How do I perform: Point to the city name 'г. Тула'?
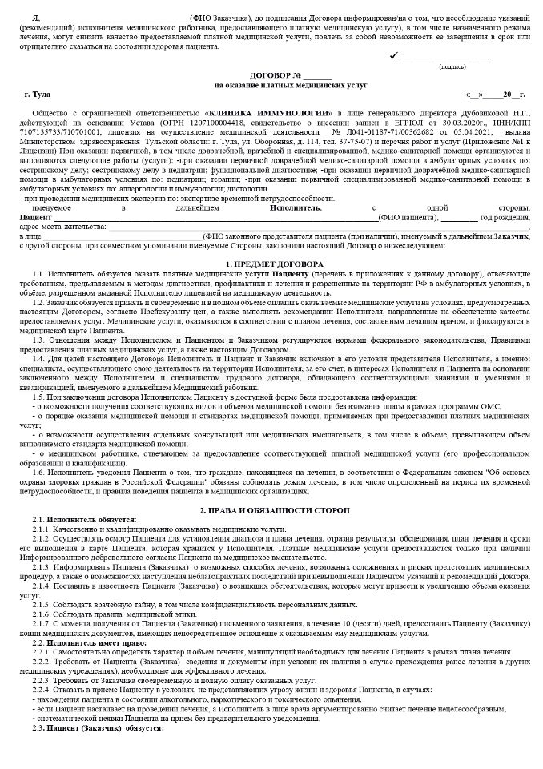(x=38, y=95)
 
